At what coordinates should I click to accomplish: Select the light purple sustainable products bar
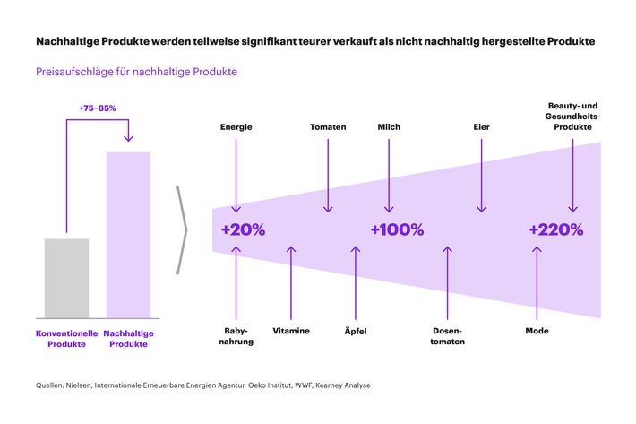click(x=128, y=235)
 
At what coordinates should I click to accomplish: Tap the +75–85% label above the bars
click(x=98, y=108)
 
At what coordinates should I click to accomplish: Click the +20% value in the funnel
click(x=243, y=229)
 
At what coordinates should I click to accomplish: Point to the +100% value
click(x=397, y=229)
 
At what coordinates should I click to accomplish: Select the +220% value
click(x=555, y=229)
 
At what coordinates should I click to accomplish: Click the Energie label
click(x=236, y=127)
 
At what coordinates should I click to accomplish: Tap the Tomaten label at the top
click(x=328, y=127)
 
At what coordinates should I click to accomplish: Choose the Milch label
click(x=389, y=127)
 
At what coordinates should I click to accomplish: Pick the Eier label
click(x=482, y=127)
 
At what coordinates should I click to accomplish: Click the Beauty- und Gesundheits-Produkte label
click(x=574, y=117)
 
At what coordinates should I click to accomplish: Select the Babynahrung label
click(x=236, y=336)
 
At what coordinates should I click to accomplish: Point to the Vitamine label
click(x=291, y=331)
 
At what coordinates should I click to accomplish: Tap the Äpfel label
click(x=356, y=332)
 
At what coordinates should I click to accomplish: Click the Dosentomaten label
click(x=447, y=336)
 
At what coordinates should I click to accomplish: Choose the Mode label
click(x=537, y=331)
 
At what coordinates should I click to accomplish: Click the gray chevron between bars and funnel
click(x=183, y=229)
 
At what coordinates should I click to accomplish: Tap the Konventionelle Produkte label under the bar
click(x=67, y=337)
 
